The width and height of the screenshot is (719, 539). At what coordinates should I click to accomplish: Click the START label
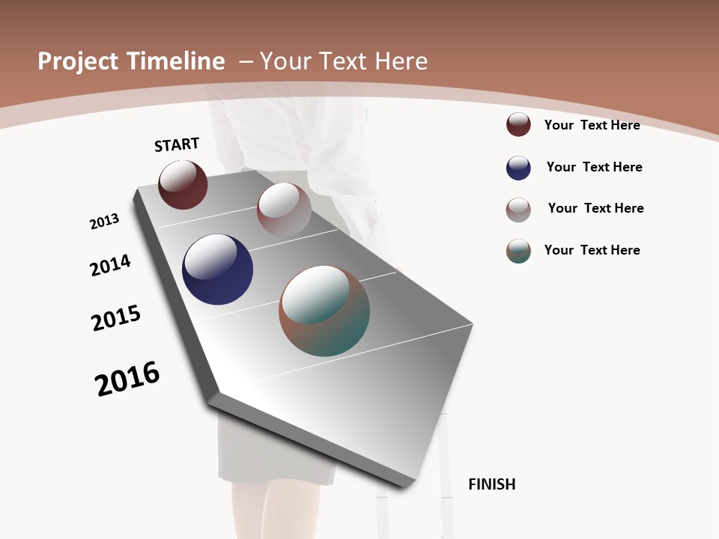(x=177, y=144)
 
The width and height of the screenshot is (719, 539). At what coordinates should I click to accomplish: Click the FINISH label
(x=491, y=484)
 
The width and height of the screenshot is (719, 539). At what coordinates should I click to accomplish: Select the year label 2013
(x=104, y=222)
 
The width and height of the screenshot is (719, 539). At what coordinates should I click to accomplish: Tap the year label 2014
(x=110, y=265)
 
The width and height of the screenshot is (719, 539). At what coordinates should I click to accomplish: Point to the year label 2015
(x=116, y=318)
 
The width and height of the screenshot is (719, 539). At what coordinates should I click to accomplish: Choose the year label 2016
(x=127, y=379)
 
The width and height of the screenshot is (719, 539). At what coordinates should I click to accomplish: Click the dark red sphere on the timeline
(x=183, y=185)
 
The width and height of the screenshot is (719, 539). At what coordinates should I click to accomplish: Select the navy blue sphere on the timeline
(x=217, y=269)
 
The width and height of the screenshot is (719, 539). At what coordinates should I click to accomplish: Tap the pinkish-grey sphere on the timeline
(x=284, y=210)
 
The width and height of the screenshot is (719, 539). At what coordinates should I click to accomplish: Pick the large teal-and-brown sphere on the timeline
(x=324, y=311)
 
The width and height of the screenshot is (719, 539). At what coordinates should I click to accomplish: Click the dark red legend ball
(x=518, y=125)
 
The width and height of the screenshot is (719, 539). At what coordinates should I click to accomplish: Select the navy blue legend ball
(x=518, y=168)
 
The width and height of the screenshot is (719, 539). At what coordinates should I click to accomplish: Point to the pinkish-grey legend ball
(x=518, y=210)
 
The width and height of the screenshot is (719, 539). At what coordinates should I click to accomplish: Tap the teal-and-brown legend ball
(x=518, y=251)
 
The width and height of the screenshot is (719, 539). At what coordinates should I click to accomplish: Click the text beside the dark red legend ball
(x=592, y=125)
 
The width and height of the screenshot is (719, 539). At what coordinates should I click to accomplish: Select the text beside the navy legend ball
(x=594, y=167)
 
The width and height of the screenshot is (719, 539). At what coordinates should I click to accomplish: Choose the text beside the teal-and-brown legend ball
(x=592, y=250)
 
